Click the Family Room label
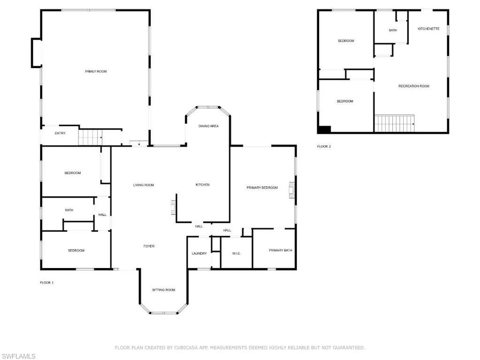(96, 71)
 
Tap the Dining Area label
(208, 126)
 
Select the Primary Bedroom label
(262, 188)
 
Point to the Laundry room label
(199, 253)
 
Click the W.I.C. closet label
(236, 253)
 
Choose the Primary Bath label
(281, 251)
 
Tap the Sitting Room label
(164, 290)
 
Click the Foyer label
(149, 246)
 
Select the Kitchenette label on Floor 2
(428, 29)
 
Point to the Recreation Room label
(414, 86)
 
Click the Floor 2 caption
(324, 146)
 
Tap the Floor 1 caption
(47, 283)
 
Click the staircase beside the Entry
(90, 137)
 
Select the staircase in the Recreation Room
(395, 123)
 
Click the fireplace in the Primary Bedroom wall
(292, 190)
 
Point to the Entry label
(60, 133)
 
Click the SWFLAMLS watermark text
(18, 356)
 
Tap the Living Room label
(144, 185)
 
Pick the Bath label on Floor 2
(393, 31)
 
